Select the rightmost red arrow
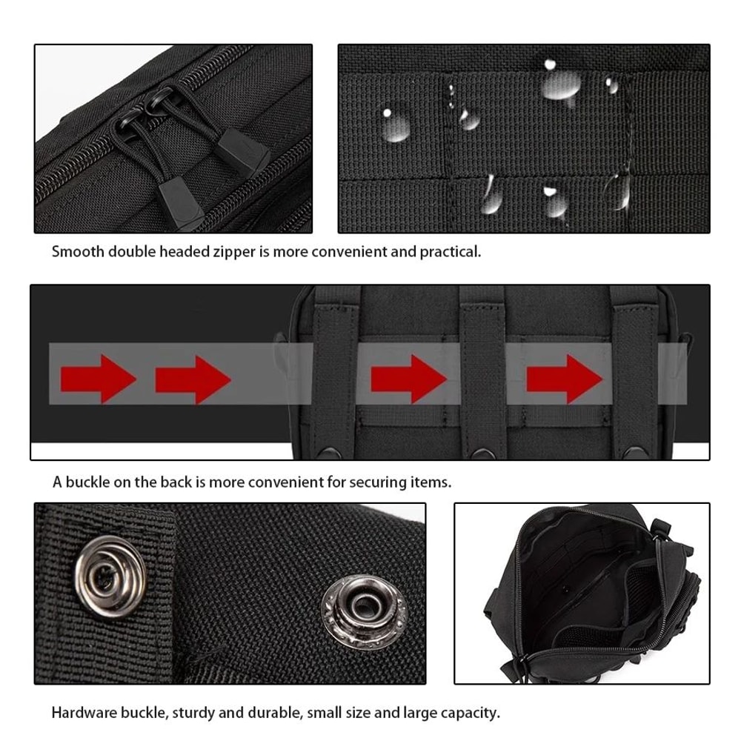click(564, 379)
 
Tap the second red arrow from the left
click(192, 379)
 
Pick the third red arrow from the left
click(407, 379)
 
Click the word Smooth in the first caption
click(78, 251)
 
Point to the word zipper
click(233, 252)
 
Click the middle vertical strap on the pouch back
click(482, 370)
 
